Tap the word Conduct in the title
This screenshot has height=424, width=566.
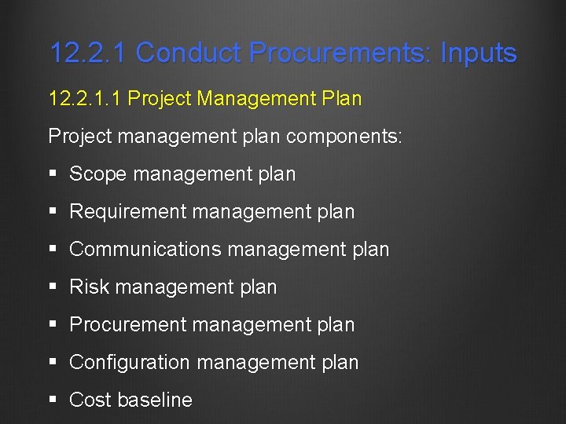(x=189, y=53)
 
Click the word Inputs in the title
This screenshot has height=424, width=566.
(x=478, y=53)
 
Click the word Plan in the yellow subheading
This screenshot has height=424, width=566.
(x=341, y=99)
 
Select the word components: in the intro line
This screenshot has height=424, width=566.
(x=344, y=137)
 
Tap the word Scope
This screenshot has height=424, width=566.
(x=98, y=174)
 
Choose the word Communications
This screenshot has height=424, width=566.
(x=145, y=250)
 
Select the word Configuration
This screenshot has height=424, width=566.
(x=130, y=363)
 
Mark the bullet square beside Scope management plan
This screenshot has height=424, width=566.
(x=53, y=174)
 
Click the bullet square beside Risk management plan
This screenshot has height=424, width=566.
(x=53, y=287)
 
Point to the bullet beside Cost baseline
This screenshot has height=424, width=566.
(x=53, y=400)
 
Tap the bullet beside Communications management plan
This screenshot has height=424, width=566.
(x=53, y=250)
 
